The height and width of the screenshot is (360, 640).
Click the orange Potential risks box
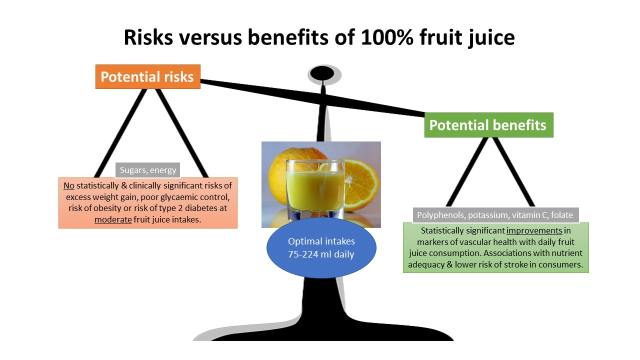(x=147, y=77)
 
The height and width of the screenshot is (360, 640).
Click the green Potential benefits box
(x=488, y=125)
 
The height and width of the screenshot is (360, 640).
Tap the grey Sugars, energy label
(x=148, y=170)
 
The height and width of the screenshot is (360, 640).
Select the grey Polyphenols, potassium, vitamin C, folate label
(x=495, y=215)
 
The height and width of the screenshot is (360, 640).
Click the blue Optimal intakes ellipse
(x=321, y=248)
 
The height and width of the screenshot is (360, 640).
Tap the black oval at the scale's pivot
(x=322, y=74)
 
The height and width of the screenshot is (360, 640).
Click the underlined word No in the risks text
(x=69, y=185)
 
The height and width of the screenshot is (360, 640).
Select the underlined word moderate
(x=113, y=219)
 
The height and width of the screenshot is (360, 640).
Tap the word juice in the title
(x=487, y=38)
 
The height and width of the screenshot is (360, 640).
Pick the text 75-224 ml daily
(x=321, y=254)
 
